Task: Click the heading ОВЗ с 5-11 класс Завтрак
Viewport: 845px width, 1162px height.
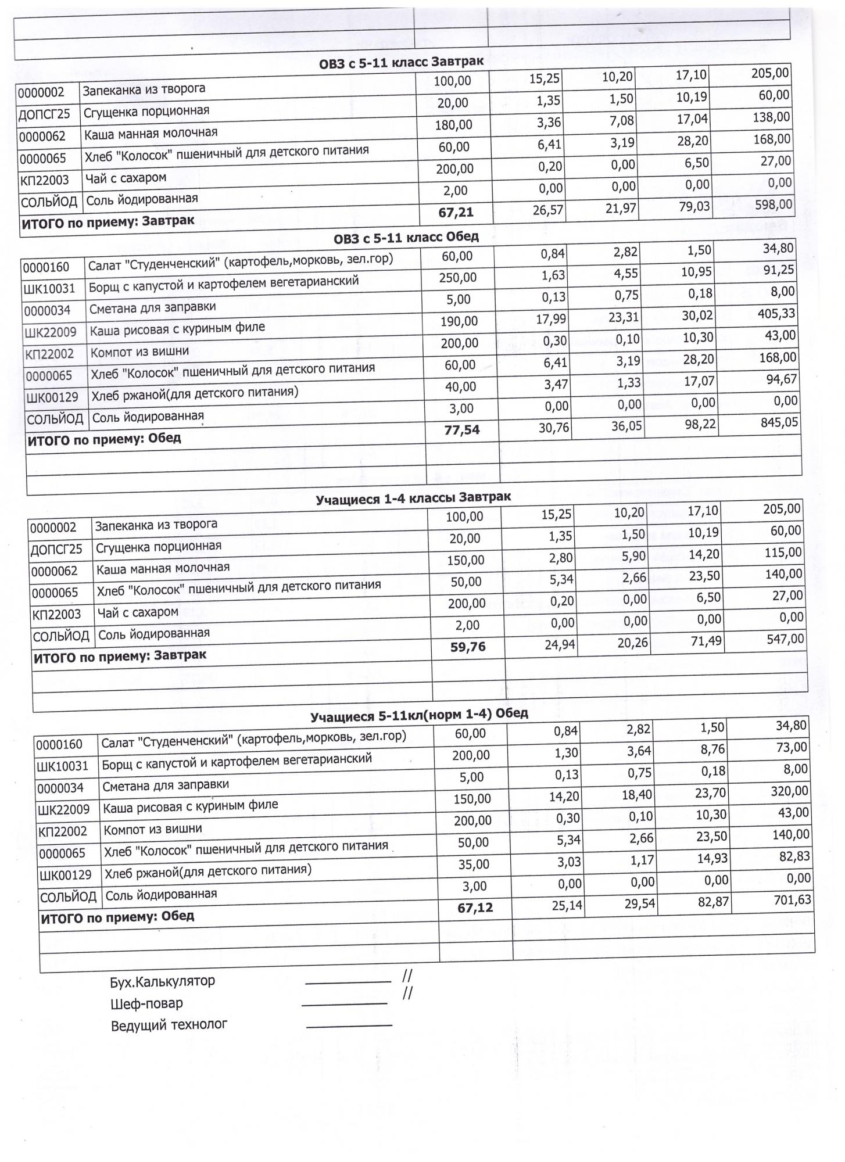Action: (401, 62)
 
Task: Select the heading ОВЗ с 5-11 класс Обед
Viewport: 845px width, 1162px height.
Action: (406, 237)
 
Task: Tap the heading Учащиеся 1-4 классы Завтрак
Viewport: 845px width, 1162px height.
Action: (413, 498)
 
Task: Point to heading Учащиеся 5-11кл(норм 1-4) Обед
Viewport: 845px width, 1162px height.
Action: (418, 715)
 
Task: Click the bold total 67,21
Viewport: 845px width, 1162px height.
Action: (456, 213)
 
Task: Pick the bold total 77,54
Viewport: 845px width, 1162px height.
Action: (461, 431)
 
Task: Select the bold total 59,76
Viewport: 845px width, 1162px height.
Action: (468, 647)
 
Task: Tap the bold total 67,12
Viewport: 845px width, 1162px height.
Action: (475, 908)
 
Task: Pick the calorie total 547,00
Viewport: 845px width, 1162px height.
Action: (785, 640)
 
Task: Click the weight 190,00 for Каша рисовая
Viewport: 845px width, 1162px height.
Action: (459, 321)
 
